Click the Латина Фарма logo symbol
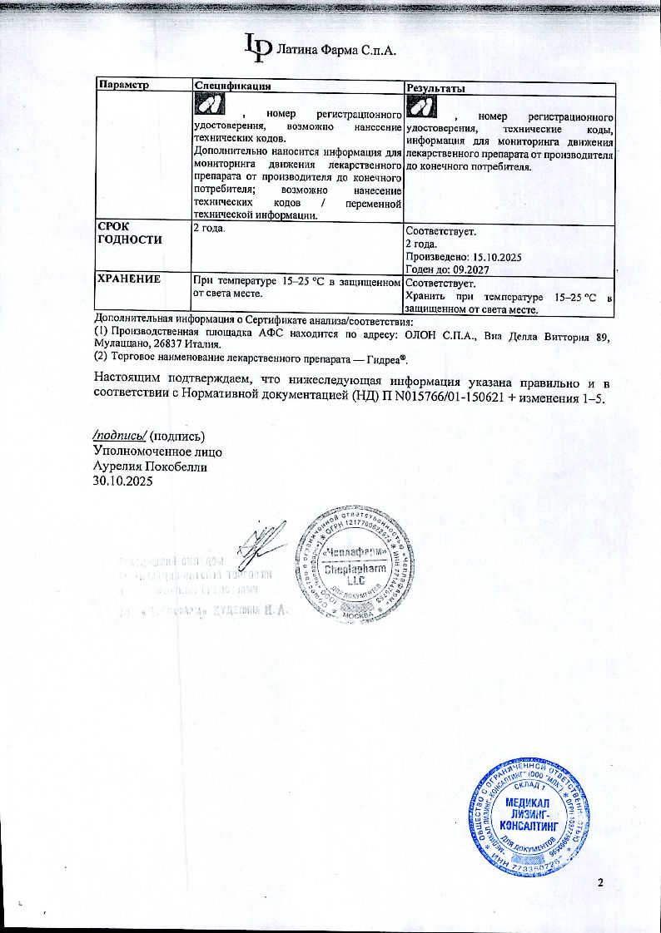coord(257,47)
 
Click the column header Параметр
coord(123,87)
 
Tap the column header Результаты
coord(435,88)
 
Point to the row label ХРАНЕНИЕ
coord(130,279)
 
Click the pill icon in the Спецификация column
coord(210,106)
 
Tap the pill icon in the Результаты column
coord(422,106)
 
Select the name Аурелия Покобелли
coord(150,466)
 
